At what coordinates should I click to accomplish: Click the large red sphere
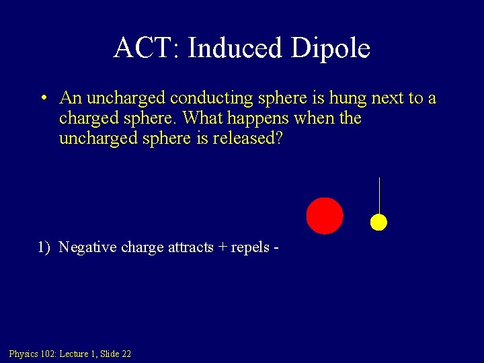(325, 216)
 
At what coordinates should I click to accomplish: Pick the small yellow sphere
(379, 222)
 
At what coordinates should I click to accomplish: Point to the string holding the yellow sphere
(379, 195)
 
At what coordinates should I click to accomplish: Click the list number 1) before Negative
(44, 247)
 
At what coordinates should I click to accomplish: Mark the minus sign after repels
(276, 248)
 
